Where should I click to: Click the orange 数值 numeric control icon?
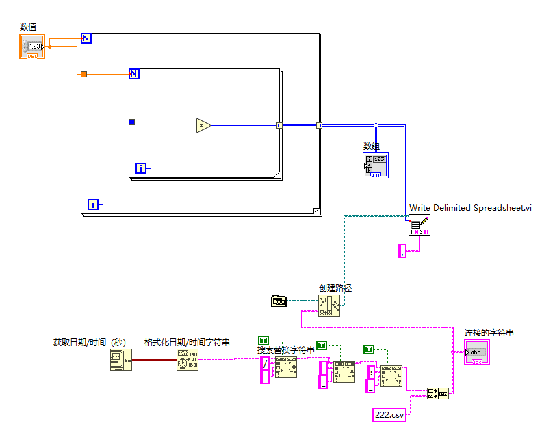click(x=32, y=46)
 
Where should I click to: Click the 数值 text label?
click(x=28, y=27)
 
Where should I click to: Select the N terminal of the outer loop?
click(x=86, y=38)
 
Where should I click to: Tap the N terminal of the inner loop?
click(x=134, y=74)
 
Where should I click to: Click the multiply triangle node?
click(x=203, y=125)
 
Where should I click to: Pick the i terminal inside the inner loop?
click(x=141, y=168)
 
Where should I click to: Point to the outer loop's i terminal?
click(x=93, y=204)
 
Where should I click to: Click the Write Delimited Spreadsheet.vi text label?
click(x=470, y=208)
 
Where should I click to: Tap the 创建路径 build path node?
click(x=329, y=305)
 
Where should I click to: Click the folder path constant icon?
click(x=279, y=300)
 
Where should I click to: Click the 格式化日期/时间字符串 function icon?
click(x=188, y=360)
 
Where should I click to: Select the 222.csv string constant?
click(x=389, y=414)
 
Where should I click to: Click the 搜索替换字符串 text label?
click(x=286, y=350)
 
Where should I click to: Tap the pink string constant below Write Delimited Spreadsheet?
click(x=403, y=252)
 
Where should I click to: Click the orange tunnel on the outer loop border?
click(x=83, y=74)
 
